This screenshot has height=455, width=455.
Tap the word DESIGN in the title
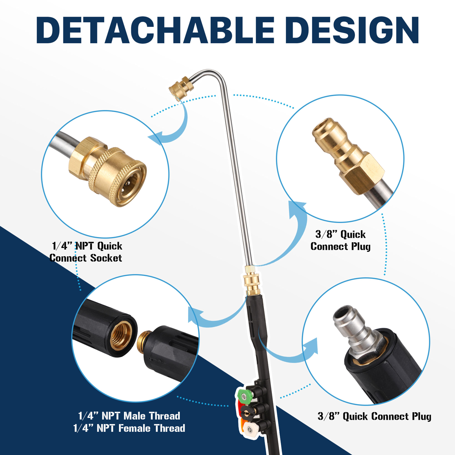coord(353,30)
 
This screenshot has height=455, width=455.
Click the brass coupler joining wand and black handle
coord(252,280)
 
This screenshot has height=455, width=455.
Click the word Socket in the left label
coord(106,258)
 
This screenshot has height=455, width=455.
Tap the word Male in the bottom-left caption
coord(135,416)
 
